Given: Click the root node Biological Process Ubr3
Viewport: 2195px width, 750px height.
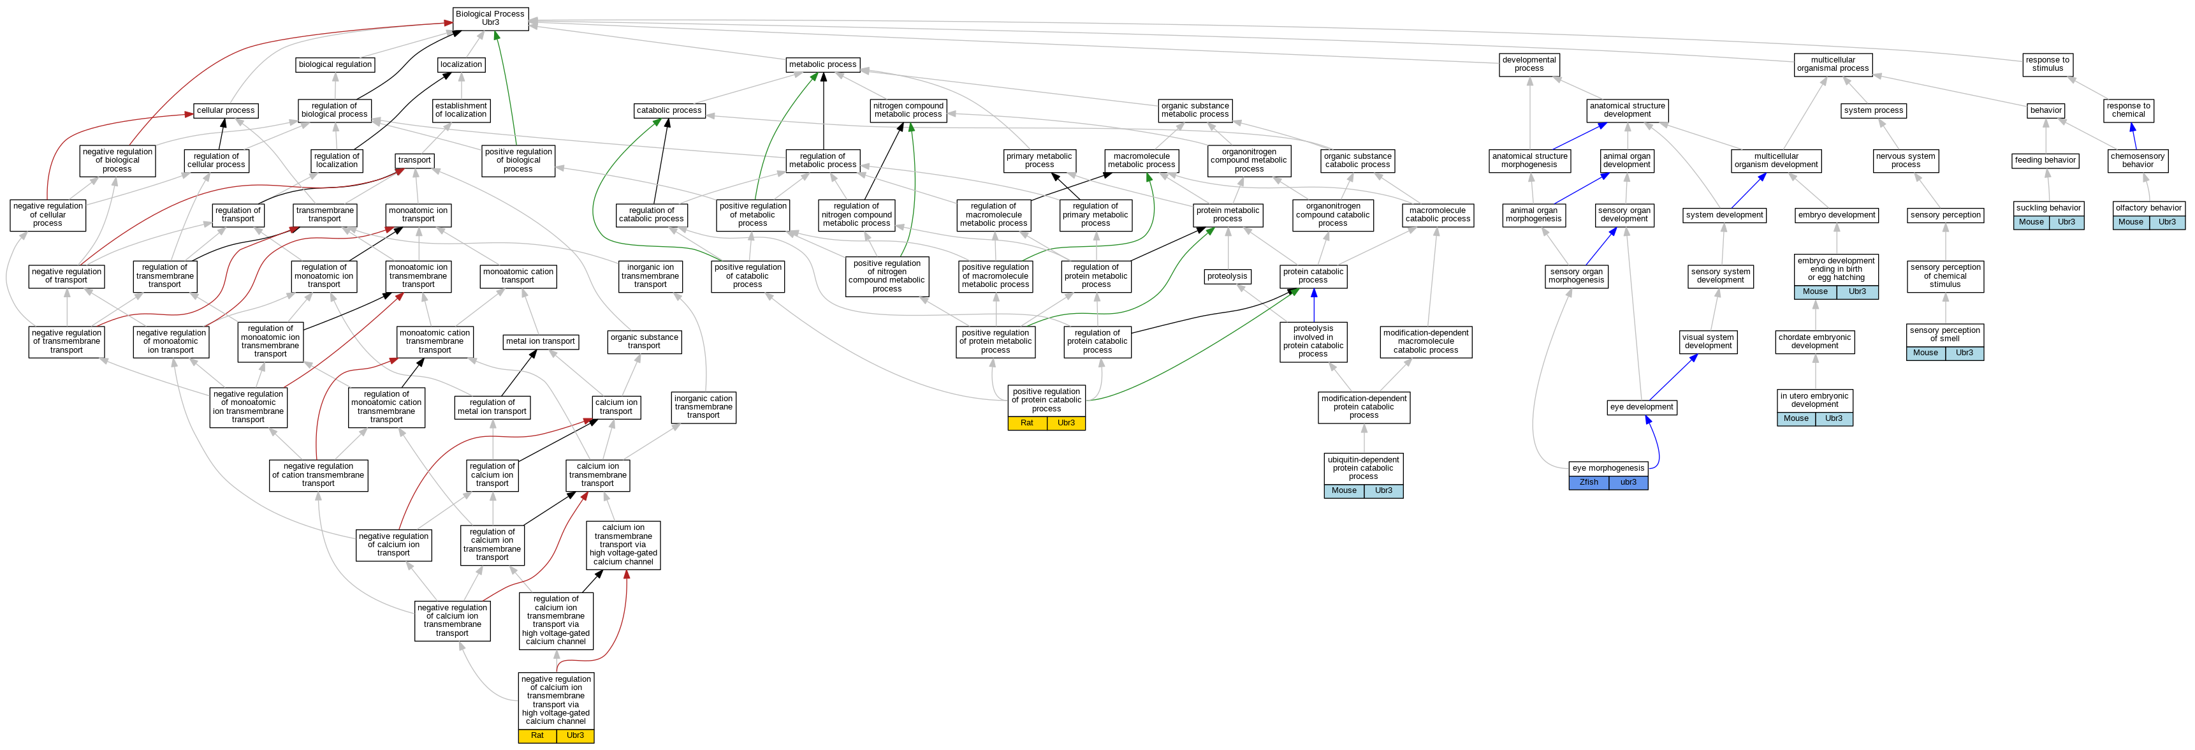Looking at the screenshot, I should click(490, 18).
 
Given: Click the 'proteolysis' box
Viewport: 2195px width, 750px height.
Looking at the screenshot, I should click(1227, 276).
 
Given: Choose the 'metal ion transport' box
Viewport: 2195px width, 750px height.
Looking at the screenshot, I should click(540, 341).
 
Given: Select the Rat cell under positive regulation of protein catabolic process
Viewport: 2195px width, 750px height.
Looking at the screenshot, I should click(1027, 423).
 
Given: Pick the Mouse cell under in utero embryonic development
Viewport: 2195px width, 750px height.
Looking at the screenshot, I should click(1795, 418).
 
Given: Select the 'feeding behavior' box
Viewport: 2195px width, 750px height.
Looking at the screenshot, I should click(2045, 160).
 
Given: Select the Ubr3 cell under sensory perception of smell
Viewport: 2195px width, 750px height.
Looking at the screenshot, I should click(1964, 353).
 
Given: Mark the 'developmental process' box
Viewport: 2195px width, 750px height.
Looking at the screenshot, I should click(1529, 64).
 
